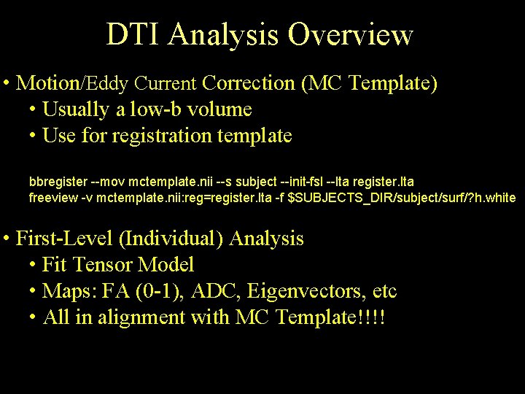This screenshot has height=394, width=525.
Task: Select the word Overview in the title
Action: coord(351,34)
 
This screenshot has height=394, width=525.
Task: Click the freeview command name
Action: coord(51,198)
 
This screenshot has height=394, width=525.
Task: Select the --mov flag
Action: coord(104,180)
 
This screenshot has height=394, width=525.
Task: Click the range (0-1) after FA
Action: coord(160,292)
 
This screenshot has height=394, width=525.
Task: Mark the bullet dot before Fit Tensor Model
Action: coord(34,266)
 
